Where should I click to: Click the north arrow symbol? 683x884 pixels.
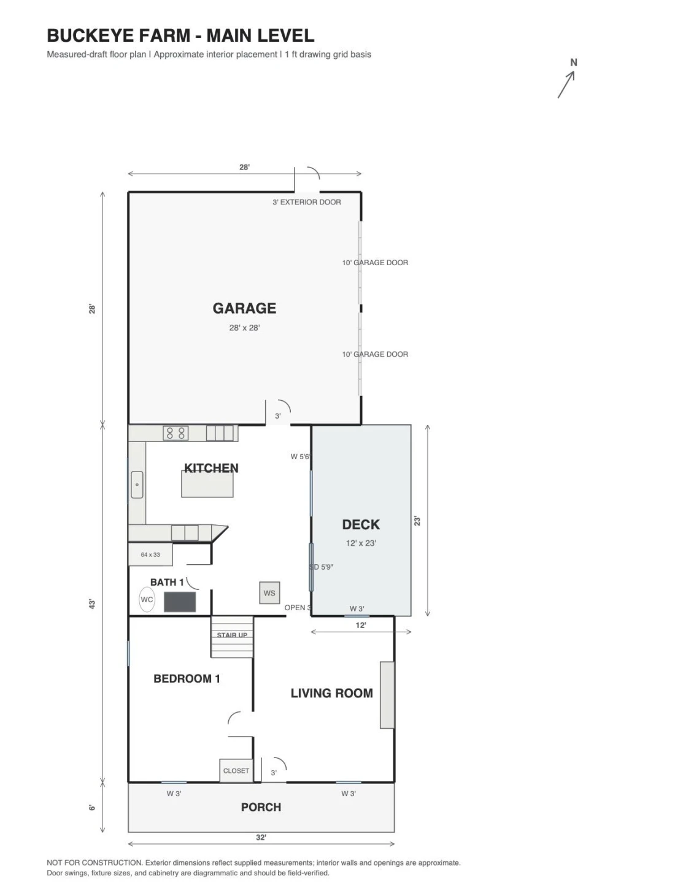[x=566, y=85]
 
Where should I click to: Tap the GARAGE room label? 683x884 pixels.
[x=244, y=308]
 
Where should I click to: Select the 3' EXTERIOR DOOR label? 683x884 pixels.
[x=307, y=202]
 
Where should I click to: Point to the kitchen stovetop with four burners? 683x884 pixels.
[x=176, y=433]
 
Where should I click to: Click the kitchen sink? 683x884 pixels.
[x=137, y=484]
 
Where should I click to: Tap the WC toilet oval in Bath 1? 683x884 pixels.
[x=147, y=599]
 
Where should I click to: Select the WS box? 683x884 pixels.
[x=269, y=593]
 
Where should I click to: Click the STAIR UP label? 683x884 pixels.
[x=232, y=635]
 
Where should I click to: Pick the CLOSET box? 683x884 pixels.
[x=236, y=770]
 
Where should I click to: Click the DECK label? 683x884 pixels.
[x=361, y=524]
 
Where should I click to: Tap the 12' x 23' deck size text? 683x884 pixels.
[x=361, y=543]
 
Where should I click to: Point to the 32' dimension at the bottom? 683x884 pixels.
[x=261, y=837]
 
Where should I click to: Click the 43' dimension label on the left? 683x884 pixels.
[x=92, y=604]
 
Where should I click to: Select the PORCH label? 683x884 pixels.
[x=261, y=807]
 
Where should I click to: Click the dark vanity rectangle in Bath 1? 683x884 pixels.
[x=180, y=602]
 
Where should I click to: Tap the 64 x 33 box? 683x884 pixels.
[x=150, y=554]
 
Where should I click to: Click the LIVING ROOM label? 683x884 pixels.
[x=332, y=693]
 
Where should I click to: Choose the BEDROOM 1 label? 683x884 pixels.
[x=187, y=678]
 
